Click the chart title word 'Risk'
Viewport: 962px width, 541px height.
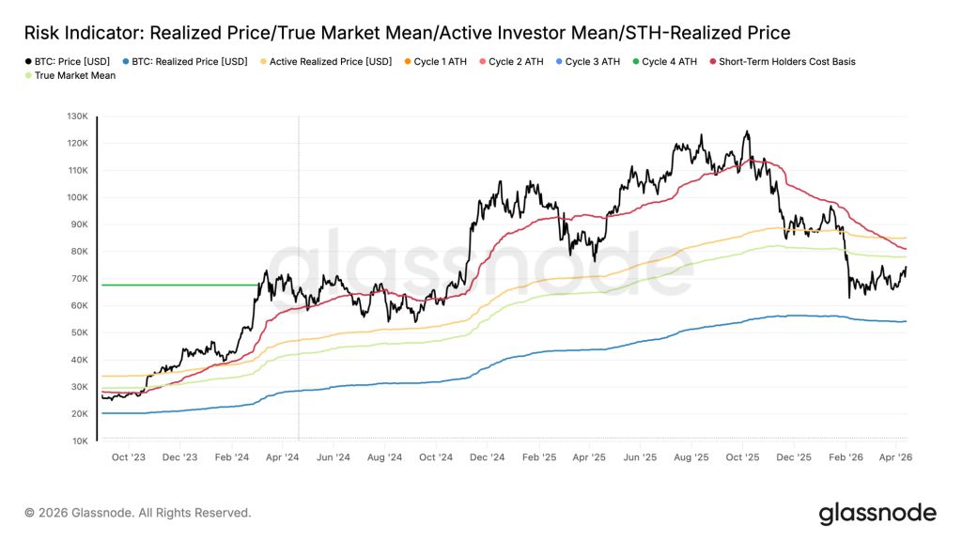pos(45,33)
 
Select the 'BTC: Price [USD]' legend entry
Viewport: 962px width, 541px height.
pos(70,62)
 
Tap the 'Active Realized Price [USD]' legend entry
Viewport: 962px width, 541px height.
pos(325,62)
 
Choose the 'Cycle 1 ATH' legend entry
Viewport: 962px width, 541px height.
pos(438,62)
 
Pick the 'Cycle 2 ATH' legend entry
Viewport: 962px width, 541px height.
pos(515,62)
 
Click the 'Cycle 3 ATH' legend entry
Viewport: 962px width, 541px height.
pos(591,62)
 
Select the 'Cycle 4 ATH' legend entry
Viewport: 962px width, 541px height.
pos(668,62)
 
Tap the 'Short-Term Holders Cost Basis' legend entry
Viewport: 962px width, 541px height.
pos(785,62)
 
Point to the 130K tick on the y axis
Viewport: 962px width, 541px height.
pos(77,116)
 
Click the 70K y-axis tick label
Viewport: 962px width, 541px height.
pos(79,279)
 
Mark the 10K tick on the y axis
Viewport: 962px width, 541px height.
pos(79,441)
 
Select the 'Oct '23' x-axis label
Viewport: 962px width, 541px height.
pos(128,457)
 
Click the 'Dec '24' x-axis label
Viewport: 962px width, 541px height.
pos(487,457)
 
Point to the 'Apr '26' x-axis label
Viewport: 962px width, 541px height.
pos(895,457)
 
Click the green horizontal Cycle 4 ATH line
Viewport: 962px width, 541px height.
pos(178,285)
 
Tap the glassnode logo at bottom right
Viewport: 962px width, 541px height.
pos(876,513)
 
